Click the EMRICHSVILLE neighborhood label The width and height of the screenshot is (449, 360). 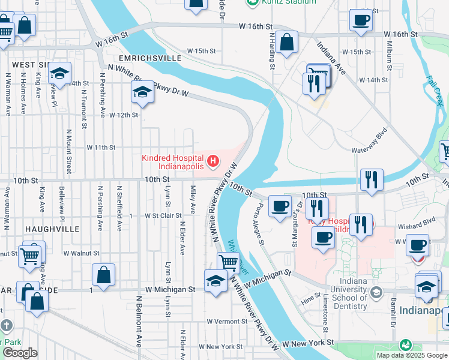150,58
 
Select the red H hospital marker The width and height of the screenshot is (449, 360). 212,161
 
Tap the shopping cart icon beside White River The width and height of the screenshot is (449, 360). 228,262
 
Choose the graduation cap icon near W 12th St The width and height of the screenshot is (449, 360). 142,92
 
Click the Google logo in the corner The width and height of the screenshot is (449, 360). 20,353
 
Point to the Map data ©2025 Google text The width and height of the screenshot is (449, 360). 412,355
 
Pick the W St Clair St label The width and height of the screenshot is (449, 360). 163,215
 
